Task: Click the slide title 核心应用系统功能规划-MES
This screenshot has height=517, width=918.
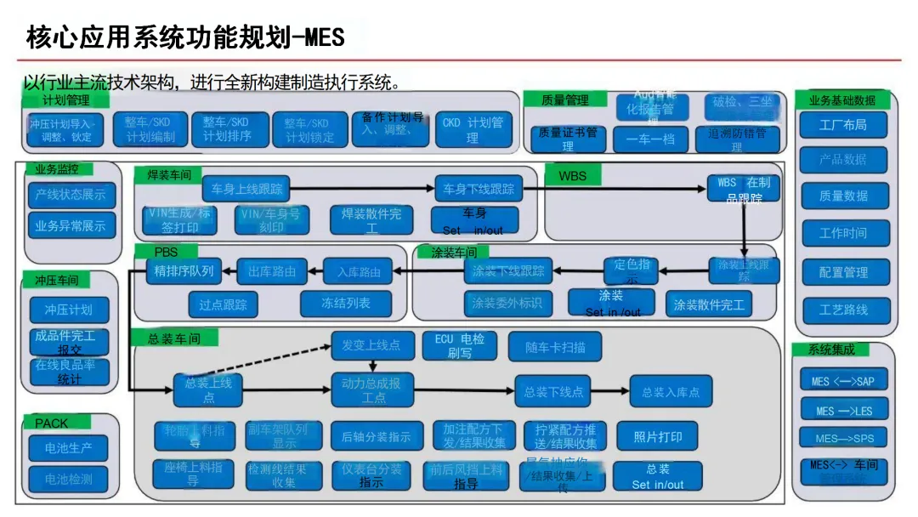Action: pos(184,38)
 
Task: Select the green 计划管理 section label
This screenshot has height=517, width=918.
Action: pos(66,100)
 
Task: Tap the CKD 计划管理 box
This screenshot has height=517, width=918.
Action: pos(473,129)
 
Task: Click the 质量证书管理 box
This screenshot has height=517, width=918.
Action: pos(568,139)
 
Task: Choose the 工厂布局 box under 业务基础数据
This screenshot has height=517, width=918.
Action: pos(843,125)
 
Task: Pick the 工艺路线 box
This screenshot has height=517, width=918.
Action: pos(843,310)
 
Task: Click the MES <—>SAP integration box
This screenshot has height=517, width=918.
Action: pos(843,382)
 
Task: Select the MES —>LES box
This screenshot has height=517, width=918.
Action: pos(843,411)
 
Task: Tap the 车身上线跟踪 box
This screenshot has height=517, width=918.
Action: pos(246,188)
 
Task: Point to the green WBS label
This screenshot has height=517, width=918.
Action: pos(573,177)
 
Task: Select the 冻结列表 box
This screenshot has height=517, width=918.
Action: pos(345,304)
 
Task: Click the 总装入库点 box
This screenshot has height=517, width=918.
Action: pos(671,392)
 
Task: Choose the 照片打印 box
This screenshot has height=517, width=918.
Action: pos(658,437)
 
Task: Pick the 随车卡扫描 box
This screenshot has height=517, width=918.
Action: pos(556,347)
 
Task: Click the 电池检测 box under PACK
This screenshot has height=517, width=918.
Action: pos(69,479)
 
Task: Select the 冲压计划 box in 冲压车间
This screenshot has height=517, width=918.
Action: pos(69,310)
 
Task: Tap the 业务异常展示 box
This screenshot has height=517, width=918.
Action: pos(71,226)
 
